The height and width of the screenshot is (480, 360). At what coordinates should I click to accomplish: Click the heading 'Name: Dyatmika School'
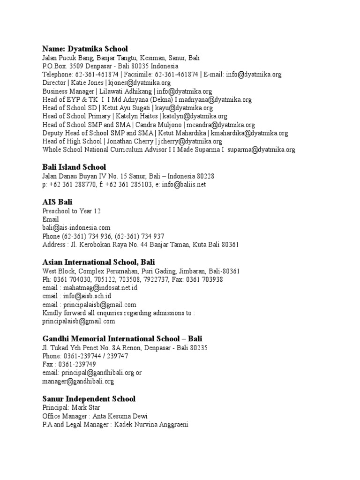tap(85, 49)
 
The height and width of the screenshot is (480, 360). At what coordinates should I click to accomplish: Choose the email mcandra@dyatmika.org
tap(221, 125)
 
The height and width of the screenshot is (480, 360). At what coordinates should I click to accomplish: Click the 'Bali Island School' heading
tap(74, 167)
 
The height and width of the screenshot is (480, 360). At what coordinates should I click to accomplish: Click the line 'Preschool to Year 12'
tap(71, 211)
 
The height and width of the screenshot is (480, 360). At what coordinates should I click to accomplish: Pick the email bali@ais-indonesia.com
tap(76, 228)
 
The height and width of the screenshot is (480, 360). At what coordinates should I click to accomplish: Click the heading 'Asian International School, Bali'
tap(98, 262)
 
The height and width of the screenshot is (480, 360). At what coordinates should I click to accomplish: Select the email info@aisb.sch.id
tap(87, 296)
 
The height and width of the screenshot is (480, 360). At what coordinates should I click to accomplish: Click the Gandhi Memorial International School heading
tap(122, 338)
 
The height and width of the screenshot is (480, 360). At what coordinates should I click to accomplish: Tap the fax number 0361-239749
tap(77, 365)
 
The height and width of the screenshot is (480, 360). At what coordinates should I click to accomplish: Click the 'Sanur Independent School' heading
tap(89, 399)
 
